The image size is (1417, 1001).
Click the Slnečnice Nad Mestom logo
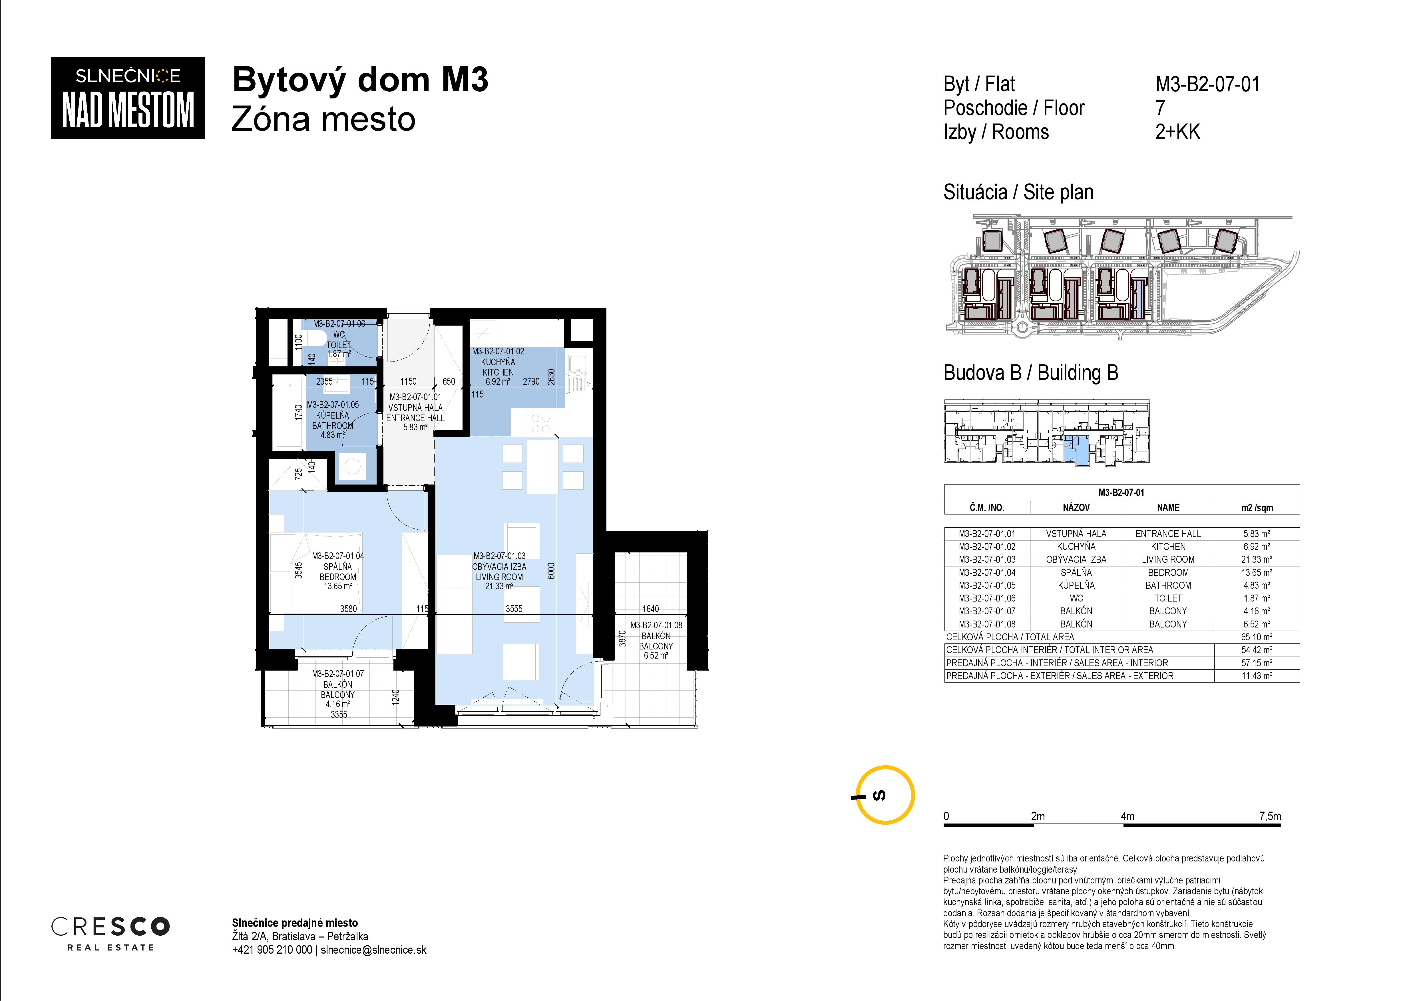[x=128, y=98]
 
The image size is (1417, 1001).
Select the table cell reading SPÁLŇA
[x=1076, y=572]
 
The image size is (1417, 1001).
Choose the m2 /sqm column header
[x=1257, y=508]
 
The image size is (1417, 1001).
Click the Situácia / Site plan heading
[x=1018, y=192]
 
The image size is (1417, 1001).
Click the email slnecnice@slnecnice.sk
[x=373, y=950]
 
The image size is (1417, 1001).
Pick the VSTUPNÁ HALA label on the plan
[x=415, y=408]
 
